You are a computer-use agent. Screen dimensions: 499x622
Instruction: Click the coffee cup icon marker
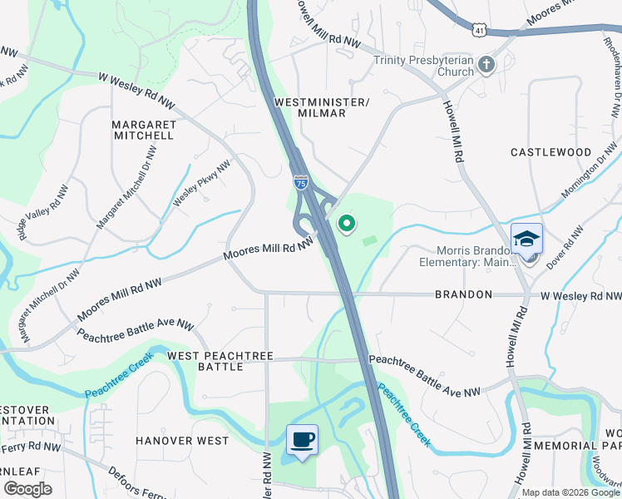point(302,438)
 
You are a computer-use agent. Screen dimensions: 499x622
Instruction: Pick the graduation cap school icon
point(526,239)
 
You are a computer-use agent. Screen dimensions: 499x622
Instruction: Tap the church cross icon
point(487,65)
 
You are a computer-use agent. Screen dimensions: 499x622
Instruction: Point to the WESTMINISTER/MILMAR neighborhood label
point(309,106)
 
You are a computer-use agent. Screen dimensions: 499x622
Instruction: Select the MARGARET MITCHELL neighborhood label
point(144,130)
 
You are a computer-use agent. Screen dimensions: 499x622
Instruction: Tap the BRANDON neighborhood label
point(464,294)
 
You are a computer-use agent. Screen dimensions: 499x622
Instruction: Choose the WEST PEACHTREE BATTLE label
point(220,361)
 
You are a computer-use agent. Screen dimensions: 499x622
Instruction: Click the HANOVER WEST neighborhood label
point(181,441)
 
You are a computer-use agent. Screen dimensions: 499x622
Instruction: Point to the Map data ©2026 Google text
point(570,492)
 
